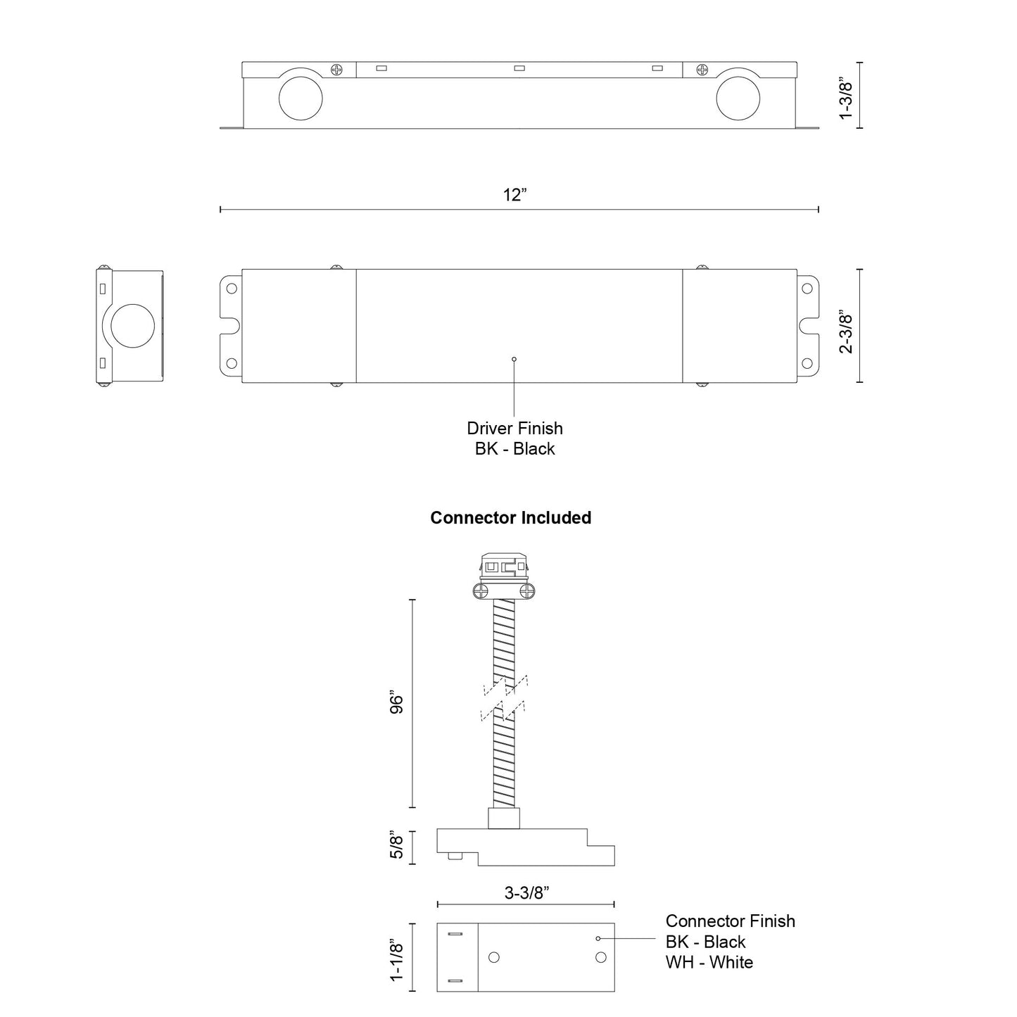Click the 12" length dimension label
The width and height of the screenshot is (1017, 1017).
(514, 195)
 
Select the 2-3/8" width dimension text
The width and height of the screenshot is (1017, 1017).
(846, 331)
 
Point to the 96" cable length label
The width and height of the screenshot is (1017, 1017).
(396, 704)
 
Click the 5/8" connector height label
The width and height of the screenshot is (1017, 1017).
(396, 846)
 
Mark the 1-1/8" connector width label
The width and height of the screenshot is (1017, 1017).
(396, 958)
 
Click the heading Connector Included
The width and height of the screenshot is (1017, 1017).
(510, 517)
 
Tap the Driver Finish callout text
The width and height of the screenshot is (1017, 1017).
(514, 428)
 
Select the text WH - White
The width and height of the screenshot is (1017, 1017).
(709, 962)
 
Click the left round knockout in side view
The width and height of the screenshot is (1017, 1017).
(301, 99)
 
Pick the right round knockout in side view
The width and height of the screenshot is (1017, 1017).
(738, 99)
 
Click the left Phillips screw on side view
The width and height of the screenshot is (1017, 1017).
(337, 70)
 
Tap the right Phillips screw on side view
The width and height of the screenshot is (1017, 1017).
(702, 70)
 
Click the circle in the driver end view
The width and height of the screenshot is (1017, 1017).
(132, 327)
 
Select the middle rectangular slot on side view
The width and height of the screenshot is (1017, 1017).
(520, 68)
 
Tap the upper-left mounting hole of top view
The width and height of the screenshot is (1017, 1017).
(230, 288)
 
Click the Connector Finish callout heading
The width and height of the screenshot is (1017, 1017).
(730, 921)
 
